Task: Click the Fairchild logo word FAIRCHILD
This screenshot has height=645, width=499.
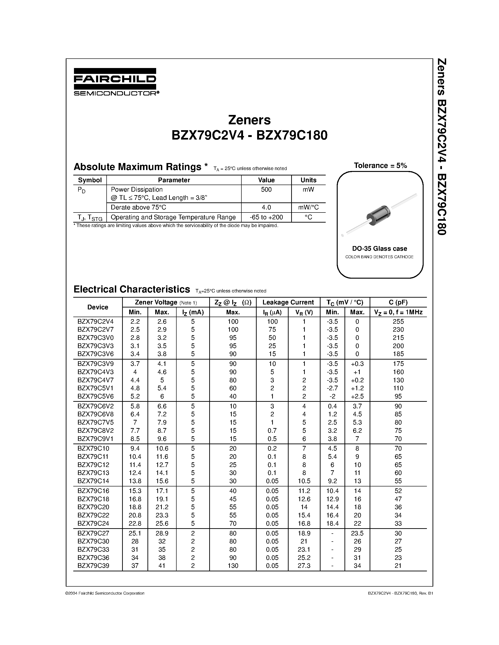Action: (115, 79)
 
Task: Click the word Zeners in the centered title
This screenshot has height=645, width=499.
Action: (249, 120)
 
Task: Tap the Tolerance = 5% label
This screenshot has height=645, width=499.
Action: (380, 165)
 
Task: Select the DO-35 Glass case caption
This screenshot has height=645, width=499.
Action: (379, 248)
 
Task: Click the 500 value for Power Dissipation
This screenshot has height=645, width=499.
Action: (266, 190)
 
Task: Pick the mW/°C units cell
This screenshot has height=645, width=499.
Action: (308, 207)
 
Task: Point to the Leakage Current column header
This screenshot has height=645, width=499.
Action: (288, 302)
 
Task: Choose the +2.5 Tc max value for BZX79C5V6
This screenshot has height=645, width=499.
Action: (357, 396)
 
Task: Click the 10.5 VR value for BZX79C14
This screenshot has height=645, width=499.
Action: (304, 481)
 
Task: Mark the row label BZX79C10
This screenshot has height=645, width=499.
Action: (93, 448)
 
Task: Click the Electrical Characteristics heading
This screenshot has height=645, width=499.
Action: (132, 289)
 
